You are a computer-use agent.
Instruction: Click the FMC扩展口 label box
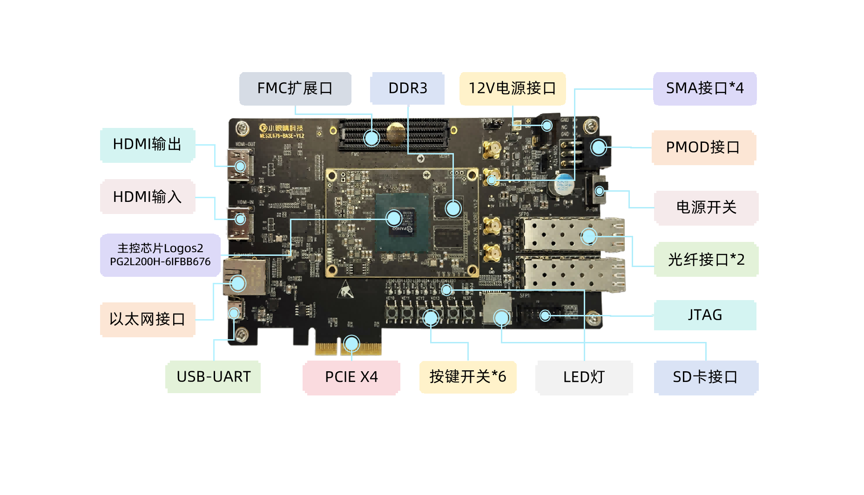(x=295, y=88)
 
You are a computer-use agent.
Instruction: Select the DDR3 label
(x=407, y=88)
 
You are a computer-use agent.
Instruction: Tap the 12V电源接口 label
(x=512, y=88)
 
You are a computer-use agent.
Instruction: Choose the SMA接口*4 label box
(x=704, y=88)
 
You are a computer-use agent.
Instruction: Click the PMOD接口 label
(x=703, y=147)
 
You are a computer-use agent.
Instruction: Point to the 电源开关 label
(x=706, y=207)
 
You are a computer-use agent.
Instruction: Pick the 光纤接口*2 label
(x=706, y=260)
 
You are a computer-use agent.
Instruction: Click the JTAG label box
(x=705, y=315)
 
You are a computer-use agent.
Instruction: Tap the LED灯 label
(x=584, y=377)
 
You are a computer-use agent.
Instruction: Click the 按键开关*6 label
(x=467, y=377)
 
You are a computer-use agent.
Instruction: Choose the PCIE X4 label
(x=351, y=377)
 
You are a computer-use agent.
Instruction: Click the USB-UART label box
(x=213, y=377)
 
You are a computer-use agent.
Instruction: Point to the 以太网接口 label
(x=147, y=320)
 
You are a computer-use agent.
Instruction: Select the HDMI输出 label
(x=147, y=145)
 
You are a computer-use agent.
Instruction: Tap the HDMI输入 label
(x=147, y=197)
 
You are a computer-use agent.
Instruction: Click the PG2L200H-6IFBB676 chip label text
(x=160, y=261)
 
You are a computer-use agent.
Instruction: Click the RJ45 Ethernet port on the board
(x=244, y=276)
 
